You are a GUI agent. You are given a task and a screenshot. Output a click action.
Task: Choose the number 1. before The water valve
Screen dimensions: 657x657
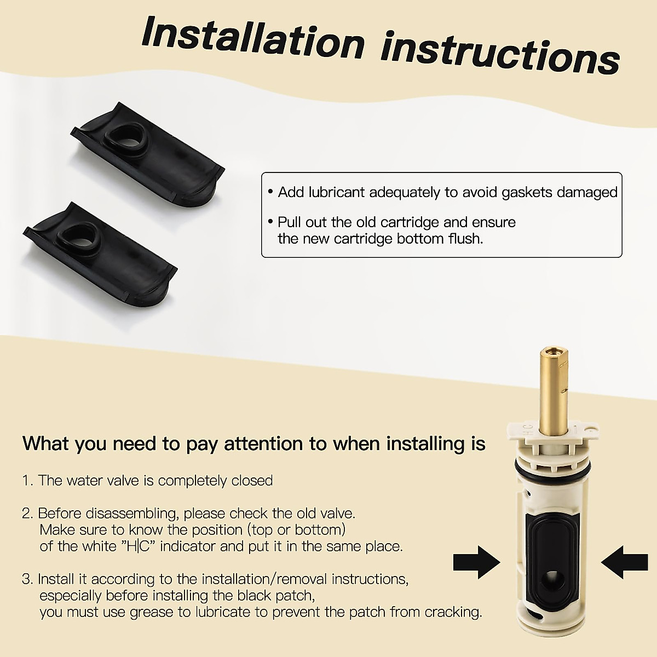coord(28,481)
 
